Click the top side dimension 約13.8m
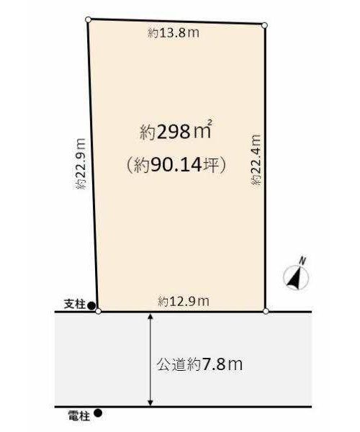[x=174, y=33]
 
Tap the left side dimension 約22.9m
[x=81, y=163]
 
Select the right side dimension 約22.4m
[x=256, y=159]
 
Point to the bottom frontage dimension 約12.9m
[x=184, y=302]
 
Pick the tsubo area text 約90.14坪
[x=176, y=165]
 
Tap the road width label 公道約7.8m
[x=199, y=364]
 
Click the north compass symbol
[x=296, y=278]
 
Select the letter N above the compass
[x=303, y=261]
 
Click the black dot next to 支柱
[x=91, y=305]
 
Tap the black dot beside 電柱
[x=98, y=413]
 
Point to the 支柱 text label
[x=75, y=305]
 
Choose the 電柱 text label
[x=78, y=415]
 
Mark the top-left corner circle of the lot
[x=88, y=19]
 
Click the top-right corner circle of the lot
[x=264, y=26]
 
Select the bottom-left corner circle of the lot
[x=98, y=311]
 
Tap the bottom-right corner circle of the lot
[x=266, y=311]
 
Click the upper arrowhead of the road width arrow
[x=150, y=316]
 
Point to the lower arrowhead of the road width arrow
[x=150, y=402]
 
